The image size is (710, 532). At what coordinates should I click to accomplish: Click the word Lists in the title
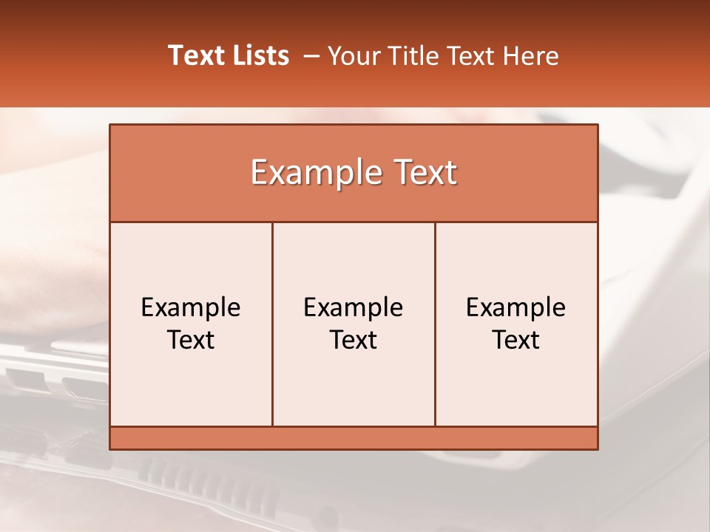(259, 55)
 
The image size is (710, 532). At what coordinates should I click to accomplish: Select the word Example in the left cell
(191, 307)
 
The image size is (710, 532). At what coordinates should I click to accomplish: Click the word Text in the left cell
(191, 340)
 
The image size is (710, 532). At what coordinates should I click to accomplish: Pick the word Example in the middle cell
(354, 307)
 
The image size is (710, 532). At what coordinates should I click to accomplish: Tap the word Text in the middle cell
(354, 340)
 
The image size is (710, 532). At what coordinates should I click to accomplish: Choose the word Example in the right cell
(516, 307)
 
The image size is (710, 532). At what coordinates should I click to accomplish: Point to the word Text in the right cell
(516, 340)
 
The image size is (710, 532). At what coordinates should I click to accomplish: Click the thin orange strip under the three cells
(354, 438)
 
